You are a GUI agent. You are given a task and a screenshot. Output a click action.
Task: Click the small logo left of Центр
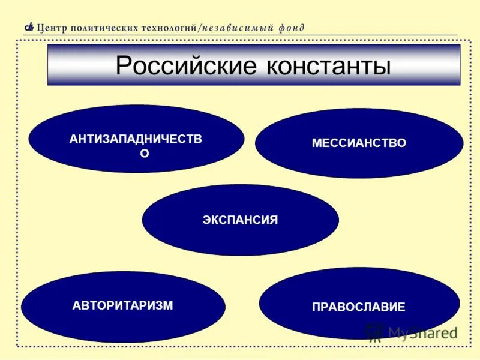coord(29,27)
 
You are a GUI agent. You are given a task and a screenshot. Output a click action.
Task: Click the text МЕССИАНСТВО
coord(359,143)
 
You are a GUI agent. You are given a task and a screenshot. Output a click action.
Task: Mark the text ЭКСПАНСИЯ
coord(240,220)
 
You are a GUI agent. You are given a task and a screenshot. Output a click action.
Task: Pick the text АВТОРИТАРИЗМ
coord(123,305)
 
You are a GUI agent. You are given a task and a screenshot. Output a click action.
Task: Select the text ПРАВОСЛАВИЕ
coord(359,307)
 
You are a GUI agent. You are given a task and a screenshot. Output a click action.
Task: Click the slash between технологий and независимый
coord(200,28)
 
